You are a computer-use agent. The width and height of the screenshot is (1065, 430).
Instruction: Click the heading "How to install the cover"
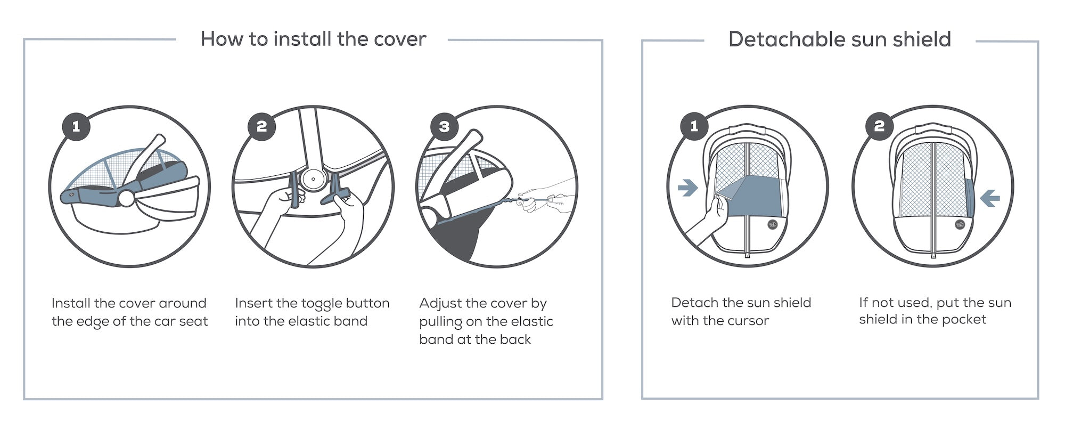click(313, 39)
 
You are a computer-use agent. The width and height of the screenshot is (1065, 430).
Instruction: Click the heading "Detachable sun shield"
click(839, 39)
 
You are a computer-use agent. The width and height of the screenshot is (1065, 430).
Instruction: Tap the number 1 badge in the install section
click(76, 127)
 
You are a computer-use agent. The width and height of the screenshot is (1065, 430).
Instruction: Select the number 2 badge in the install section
click(261, 127)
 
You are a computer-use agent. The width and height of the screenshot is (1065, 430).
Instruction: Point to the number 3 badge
click(445, 127)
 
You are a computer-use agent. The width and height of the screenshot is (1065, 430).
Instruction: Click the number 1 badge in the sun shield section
click(694, 126)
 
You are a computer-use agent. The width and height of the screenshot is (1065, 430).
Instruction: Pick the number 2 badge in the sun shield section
click(879, 126)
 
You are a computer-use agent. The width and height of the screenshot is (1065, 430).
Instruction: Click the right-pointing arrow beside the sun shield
click(688, 187)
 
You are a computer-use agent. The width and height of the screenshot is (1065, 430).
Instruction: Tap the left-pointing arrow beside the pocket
click(990, 198)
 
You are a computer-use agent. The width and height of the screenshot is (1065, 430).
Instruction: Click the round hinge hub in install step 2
click(313, 179)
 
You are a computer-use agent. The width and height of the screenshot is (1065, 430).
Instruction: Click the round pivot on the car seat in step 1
click(127, 198)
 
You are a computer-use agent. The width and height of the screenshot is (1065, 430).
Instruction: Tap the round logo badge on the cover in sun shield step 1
click(773, 225)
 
